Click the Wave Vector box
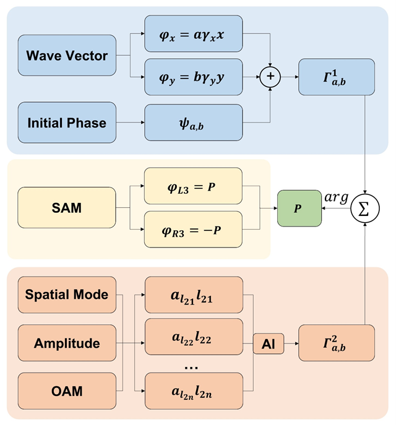(x=67, y=56)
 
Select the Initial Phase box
(x=67, y=123)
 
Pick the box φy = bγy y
(x=193, y=77)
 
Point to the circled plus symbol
(x=270, y=77)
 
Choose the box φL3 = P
(x=193, y=185)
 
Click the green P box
(x=298, y=209)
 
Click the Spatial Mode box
(x=67, y=295)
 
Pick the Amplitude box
(x=67, y=343)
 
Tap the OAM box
(x=67, y=391)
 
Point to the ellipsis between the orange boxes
(x=192, y=366)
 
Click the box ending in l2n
(x=193, y=391)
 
